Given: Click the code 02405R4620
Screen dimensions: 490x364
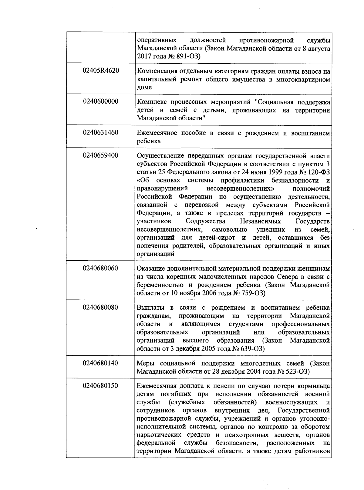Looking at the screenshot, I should [x=101, y=71].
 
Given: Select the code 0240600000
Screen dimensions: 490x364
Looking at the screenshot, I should [x=101, y=102].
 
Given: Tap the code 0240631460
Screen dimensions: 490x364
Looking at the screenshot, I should [x=101, y=132].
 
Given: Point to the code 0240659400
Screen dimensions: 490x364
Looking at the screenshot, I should [x=101, y=155].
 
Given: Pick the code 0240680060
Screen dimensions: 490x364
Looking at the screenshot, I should [x=101, y=268].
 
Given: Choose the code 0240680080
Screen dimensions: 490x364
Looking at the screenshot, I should [x=101, y=308].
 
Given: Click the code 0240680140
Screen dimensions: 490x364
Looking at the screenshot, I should [x=101, y=363].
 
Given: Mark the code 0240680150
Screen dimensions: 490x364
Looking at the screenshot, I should [x=101, y=386].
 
